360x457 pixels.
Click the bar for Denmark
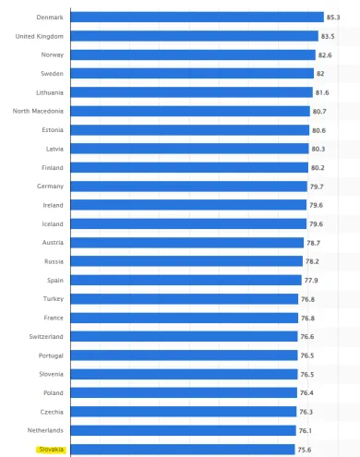[x=197, y=17]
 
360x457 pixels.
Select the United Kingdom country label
[x=39, y=36]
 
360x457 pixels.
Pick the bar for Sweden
[x=191, y=73]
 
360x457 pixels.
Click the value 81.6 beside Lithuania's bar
[x=322, y=92]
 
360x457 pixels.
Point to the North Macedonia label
[x=38, y=111]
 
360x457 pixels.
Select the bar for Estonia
[x=189, y=129]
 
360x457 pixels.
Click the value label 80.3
[x=318, y=149]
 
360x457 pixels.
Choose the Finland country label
[x=52, y=167]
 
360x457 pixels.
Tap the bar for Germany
[x=187, y=186]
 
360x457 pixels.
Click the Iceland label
[x=52, y=223]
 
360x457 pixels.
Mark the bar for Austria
[x=186, y=243]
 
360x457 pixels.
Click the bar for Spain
[x=186, y=280]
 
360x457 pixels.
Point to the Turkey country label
[x=53, y=299]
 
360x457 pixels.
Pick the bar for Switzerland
[x=184, y=336]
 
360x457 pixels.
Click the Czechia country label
[x=52, y=412]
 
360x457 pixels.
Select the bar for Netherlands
[x=184, y=430]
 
